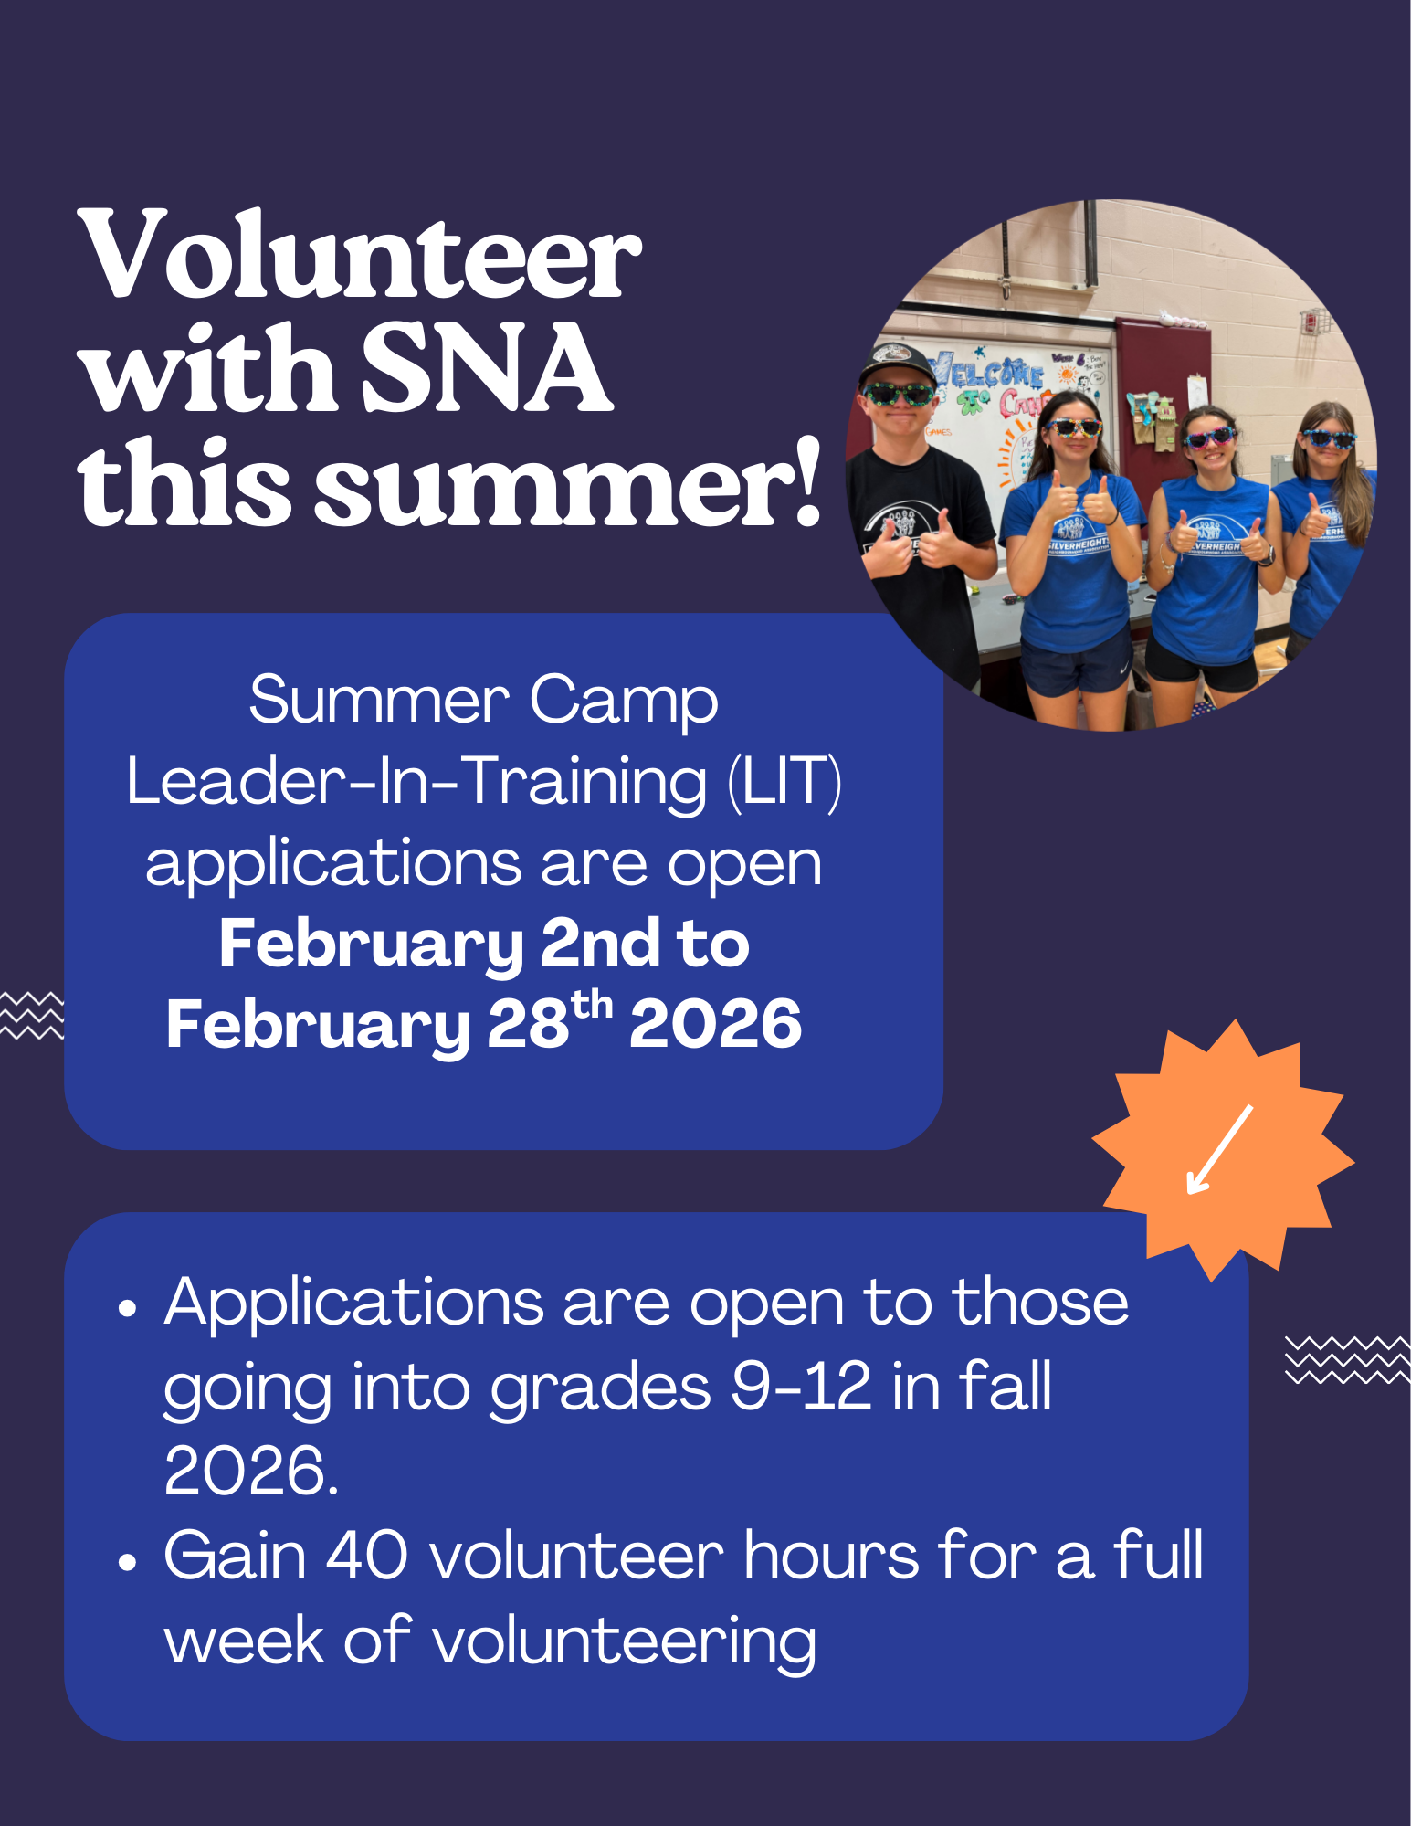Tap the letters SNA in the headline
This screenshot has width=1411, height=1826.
click(486, 367)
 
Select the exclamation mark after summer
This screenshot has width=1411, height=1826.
click(806, 481)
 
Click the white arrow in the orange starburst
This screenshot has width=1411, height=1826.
click(1219, 1149)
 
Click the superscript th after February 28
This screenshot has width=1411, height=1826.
click(592, 1005)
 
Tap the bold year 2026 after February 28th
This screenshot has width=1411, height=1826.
click(715, 1024)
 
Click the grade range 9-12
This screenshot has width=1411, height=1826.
click(802, 1386)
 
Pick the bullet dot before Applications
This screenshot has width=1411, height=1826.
click(127, 1309)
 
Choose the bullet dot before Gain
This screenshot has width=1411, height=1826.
click(127, 1562)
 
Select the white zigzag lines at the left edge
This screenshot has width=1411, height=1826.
click(32, 1014)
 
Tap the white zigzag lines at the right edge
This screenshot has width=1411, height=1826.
click(1347, 1359)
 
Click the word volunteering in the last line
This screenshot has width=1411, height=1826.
click(624, 1641)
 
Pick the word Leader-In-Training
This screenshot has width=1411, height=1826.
click(416, 782)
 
